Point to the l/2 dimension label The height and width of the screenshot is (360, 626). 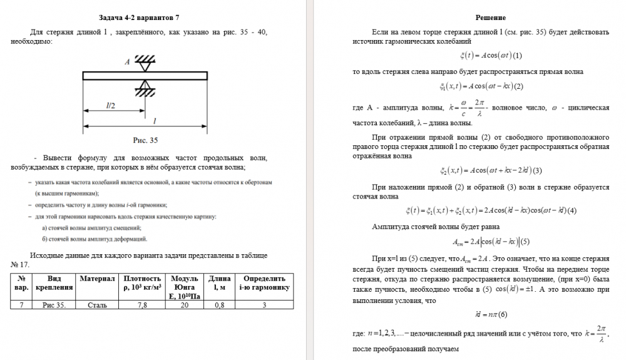(111, 106)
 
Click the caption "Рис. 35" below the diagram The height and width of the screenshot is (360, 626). (145, 141)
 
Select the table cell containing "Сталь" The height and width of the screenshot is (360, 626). (98, 305)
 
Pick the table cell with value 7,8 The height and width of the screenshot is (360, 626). (142, 305)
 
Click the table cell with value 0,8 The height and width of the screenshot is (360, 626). (219, 305)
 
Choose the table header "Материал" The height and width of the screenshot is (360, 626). (98, 278)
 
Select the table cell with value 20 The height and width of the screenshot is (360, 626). (185, 305)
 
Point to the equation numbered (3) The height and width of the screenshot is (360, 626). (490, 170)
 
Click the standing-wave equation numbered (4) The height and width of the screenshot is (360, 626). (490, 210)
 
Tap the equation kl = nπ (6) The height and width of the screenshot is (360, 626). (490, 314)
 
